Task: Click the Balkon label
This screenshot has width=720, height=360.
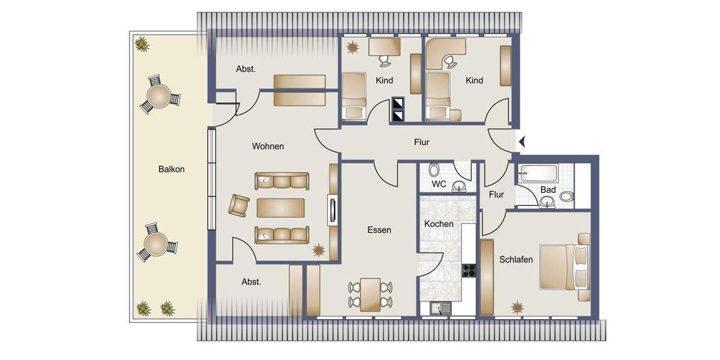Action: point(172,169)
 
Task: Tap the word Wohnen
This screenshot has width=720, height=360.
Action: point(268,146)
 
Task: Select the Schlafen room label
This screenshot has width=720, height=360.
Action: point(516,260)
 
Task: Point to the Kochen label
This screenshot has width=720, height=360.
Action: point(439,224)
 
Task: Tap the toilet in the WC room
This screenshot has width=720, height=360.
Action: point(434,170)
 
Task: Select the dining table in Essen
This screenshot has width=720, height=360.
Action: point(370,295)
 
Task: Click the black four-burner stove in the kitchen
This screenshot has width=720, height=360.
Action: point(469,271)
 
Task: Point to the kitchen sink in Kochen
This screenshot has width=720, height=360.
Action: point(442,309)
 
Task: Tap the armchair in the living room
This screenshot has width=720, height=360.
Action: point(239,206)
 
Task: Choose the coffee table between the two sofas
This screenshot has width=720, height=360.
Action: point(281,208)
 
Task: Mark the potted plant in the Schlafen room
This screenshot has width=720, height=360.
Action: point(517,307)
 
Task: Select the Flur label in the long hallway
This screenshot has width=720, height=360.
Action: point(422,143)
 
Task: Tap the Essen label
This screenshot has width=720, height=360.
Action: point(379,230)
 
